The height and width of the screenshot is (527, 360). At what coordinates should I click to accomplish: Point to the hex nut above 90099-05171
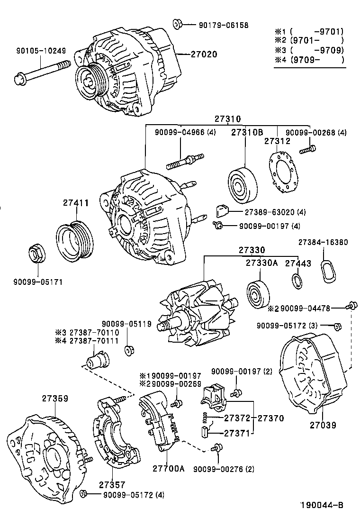[36, 254]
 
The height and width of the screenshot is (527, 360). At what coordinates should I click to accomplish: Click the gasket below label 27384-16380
[328, 271]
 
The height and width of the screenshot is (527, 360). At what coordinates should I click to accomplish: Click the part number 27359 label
[55, 399]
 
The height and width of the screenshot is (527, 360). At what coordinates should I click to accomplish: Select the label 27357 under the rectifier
[112, 484]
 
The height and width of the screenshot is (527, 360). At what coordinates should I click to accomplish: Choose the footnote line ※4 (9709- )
[311, 60]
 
